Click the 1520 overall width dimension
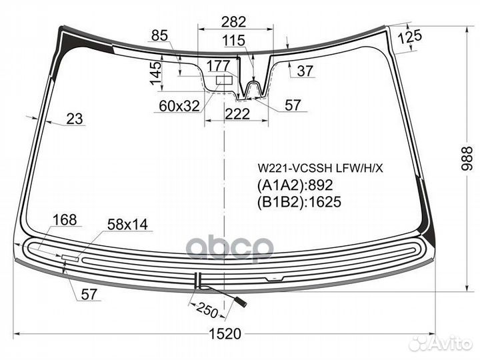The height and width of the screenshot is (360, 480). (225, 334)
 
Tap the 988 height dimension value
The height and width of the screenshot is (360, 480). (468, 158)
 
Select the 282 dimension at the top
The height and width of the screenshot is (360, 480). (233, 22)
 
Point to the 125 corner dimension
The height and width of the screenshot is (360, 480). (410, 37)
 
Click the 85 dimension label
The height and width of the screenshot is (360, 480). (159, 35)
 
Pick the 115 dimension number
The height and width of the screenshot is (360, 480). (234, 41)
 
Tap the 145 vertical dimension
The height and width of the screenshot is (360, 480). (155, 73)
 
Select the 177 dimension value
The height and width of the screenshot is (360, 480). (219, 65)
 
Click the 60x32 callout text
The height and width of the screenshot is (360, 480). (179, 106)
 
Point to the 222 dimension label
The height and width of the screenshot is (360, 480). (237, 114)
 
